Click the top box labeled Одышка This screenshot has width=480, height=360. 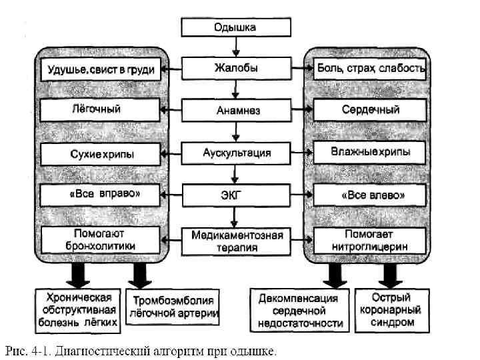click(236, 27)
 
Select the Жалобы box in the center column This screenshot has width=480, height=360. click(236, 68)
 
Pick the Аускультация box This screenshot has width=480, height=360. click(236, 153)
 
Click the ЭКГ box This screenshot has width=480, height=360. click(236, 195)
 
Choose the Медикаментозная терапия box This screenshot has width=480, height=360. click(236, 241)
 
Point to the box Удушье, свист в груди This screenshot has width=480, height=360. click(101, 69)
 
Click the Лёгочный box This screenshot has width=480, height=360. click(101, 108)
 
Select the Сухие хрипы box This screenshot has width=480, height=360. click(101, 155)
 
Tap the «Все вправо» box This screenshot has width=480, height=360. click(101, 195)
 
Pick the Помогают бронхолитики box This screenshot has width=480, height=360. click(101, 239)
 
